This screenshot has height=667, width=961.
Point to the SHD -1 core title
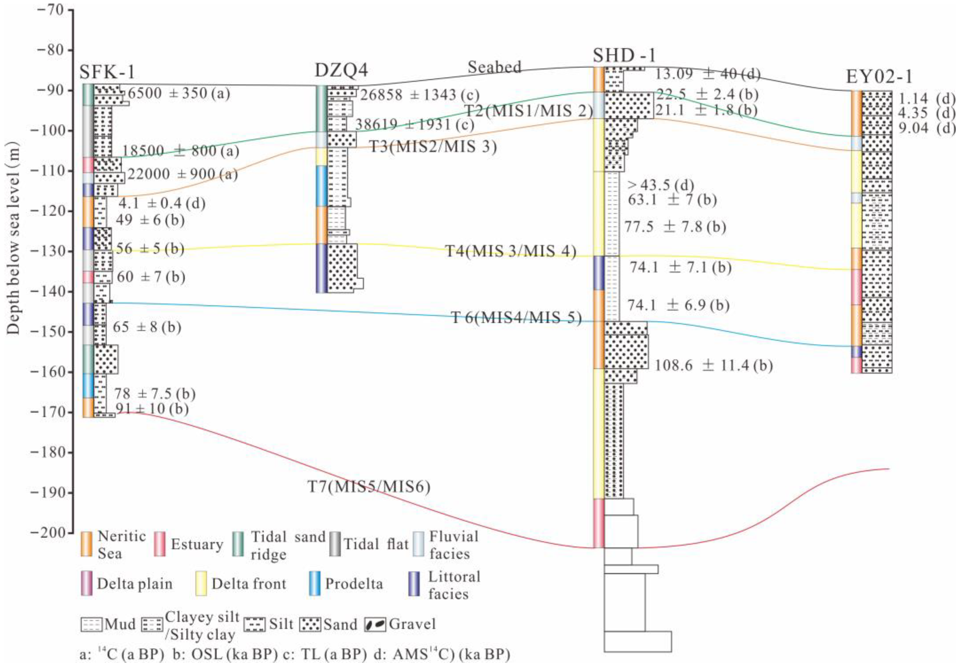tap(624, 56)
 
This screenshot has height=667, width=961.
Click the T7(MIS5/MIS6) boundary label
tap(369, 487)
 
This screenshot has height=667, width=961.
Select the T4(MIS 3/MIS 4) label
tap(511, 252)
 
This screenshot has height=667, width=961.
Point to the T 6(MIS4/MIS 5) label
tap(516, 318)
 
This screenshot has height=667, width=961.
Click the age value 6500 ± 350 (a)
tap(179, 94)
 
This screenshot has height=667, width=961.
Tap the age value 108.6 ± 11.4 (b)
tap(713, 366)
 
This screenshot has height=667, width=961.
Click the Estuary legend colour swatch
tap(159, 544)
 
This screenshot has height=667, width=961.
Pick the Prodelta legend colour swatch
tap(314, 583)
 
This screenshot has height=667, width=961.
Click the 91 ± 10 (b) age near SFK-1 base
tap(152, 409)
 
